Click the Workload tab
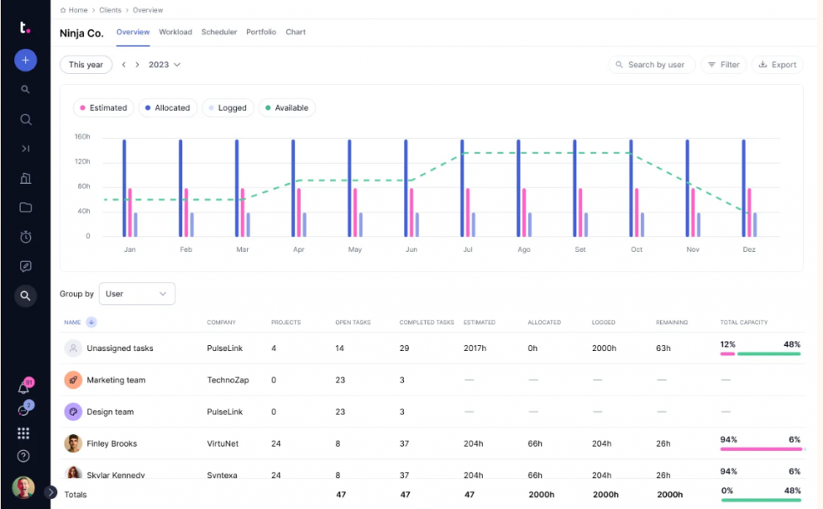coord(176,32)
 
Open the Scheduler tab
coord(219,32)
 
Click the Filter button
coord(723,65)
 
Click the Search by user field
coord(652,65)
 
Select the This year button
coord(86,65)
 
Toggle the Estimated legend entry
coord(102,108)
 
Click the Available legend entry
coord(286,108)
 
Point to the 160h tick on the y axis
coord(82,137)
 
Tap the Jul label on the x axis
coord(468,249)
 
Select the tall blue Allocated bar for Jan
coord(124,187)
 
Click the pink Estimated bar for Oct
coord(637,213)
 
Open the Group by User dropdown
coord(137,294)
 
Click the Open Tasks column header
coord(353,323)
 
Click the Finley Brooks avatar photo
coord(73,443)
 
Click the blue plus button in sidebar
coord(25,60)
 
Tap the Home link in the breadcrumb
coord(77,10)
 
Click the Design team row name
coord(110,412)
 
